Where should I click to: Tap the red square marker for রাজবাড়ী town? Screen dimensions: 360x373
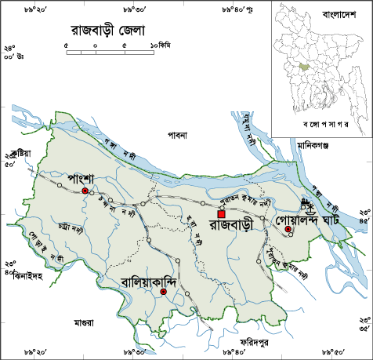click(x=222, y=213)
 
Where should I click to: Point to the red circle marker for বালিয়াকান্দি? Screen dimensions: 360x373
click(x=163, y=292)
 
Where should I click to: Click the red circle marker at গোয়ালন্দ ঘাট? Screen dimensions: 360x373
click(x=288, y=229)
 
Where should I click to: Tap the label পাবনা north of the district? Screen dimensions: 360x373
click(x=177, y=135)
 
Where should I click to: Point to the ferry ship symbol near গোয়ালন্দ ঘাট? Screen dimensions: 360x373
click(x=309, y=208)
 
